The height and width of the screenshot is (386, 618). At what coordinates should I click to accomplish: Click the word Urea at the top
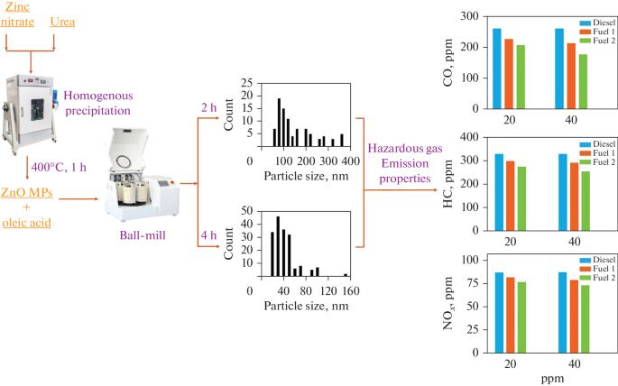tap(62, 22)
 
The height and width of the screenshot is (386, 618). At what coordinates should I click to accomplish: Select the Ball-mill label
tap(143, 235)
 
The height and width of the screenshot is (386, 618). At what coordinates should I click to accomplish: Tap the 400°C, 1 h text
tap(59, 167)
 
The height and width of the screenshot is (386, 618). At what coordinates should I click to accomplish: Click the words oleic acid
tap(26, 223)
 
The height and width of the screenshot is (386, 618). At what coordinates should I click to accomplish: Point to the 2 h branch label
tap(208, 107)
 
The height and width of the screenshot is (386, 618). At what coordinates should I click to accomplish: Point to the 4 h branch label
tap(208, 235)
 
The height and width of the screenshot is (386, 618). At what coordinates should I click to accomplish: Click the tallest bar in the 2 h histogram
tap(279, 123)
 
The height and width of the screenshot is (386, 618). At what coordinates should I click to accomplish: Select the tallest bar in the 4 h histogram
tap(278, 246)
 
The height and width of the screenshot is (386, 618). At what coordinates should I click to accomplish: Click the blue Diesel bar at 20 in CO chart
tap(497, 69)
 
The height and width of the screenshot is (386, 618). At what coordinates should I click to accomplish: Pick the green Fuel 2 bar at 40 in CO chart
tap(583, 81)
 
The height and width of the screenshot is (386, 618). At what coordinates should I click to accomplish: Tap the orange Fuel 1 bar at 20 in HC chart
tap(511, 196)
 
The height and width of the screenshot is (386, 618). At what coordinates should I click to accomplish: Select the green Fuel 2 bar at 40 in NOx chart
tap(585, 318)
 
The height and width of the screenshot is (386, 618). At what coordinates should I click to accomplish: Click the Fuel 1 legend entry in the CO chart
tap(597, 32)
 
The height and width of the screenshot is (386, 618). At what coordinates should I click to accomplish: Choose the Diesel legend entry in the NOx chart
tap(597, 260)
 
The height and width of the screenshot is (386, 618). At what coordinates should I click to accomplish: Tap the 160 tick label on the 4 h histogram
tap(350, 291)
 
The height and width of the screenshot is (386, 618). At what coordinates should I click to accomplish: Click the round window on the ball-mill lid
tap(124, 161)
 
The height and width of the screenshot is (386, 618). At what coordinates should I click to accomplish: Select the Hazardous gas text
tap(405, 149)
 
